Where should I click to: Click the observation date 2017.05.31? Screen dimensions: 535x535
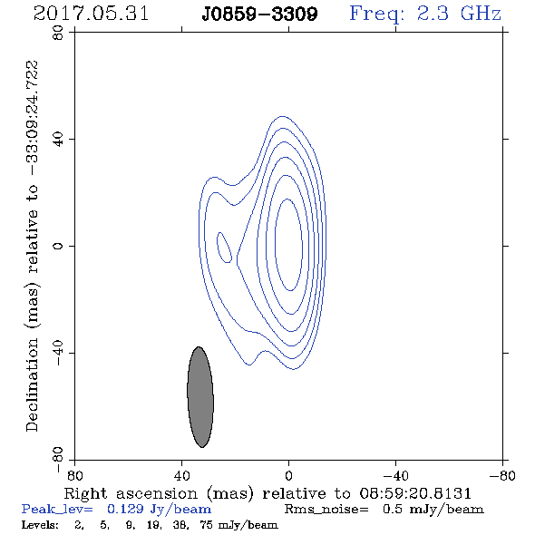pos(91,14)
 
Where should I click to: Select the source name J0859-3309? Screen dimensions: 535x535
pos(259,15)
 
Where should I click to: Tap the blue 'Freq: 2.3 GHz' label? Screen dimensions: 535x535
pos(425,15)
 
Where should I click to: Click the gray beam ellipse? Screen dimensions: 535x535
pos(200,397)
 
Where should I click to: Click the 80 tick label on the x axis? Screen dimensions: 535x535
pos(74,475)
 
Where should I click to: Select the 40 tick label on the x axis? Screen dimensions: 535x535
pos(181,475)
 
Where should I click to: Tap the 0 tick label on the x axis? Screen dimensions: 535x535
pos(288,475)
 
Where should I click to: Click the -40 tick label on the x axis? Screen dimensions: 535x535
pos(395,475)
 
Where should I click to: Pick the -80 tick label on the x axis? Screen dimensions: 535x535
pos(502,475)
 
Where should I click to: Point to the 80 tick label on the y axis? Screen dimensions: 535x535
pos(58,33)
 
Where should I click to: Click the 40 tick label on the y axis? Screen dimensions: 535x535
pos(58,140)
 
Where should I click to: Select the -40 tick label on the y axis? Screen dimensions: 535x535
pos(58,353)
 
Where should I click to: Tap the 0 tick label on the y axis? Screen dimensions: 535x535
pos(58,246)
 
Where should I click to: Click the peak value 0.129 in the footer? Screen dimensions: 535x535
pos(125,509)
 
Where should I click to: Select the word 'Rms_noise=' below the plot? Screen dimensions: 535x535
pos(326,510)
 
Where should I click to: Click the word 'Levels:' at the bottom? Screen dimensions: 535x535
pos(40,524)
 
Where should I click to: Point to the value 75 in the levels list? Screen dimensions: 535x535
pos(207,524)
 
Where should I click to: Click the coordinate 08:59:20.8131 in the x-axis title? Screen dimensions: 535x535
pos(415,493)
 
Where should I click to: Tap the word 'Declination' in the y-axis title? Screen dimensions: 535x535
pos(32,384)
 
